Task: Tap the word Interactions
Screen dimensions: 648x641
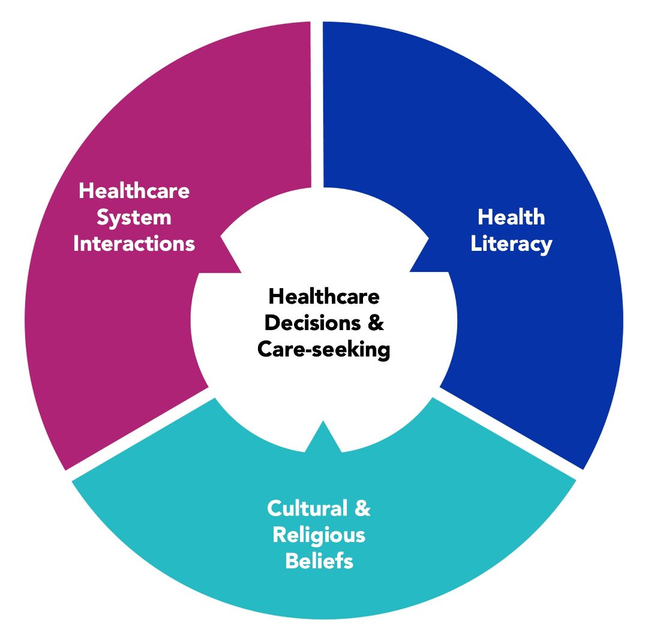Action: (x=134, y=244)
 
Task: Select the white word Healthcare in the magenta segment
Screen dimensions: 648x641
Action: (x=134, y=191)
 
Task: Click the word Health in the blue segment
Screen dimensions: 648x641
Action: (x=511, y=217)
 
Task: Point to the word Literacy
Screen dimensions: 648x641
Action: (x=511, y=244)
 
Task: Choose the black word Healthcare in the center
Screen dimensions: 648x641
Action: (x=324, y=296)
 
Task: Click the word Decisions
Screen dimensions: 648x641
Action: (x=313, y=323)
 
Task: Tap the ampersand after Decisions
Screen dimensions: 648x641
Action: (x=375, y=323)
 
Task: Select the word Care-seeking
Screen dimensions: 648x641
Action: (x=323, y=350)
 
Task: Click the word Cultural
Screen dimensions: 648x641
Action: (x=307, y=508)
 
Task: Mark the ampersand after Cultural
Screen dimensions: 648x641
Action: (x=362, y=508)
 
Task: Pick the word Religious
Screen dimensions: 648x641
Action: (x=319, y=535)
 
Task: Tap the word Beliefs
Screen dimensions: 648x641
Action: (x=319, y=561)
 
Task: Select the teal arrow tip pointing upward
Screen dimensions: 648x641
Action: (x=323, y=422)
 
